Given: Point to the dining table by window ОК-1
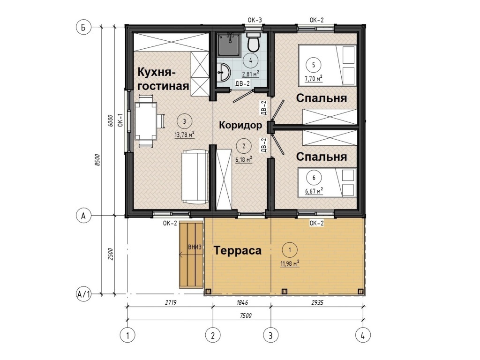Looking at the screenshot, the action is coord(146,120).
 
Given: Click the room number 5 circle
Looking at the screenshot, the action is coord(313,65).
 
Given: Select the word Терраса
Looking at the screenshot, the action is coord(238,250).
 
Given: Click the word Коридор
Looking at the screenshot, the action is coord(240,125).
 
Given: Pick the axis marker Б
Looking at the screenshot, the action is coord(83,27).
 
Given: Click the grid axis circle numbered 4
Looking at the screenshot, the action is coord(363,336).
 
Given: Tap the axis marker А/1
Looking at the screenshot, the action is coord(83,294).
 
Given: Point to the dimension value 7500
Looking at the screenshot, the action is coord(246,315).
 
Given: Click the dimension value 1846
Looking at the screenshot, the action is coord(242,302).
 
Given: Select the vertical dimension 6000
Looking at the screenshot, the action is coord(111,120).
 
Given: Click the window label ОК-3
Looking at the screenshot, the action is coord(255,20).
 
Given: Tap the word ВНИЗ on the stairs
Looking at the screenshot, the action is coord(195,247).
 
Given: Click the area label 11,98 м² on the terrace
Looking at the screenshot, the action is coord(290,263).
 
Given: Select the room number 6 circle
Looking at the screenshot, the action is coord(314,177).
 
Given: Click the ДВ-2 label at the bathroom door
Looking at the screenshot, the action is coord(242,83).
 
